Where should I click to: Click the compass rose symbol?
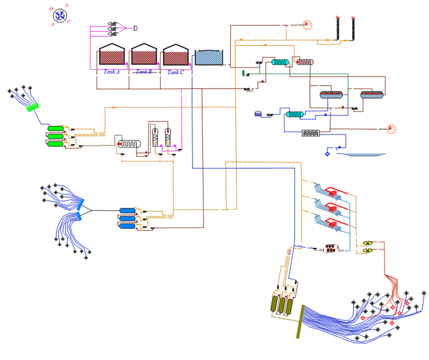pyautogui.click(x=59, y=16)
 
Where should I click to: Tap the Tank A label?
pyautogui.click(x=111, y=72)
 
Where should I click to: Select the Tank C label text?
pyautogui.click(x=175, y=72)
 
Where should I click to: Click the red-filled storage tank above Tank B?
pyautogui.click(x=144, y=55)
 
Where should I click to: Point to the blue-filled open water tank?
pyautogui.click(x=209, y=57)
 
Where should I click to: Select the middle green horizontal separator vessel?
pyautogui.click(x=56, y=136)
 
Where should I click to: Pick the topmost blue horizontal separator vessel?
pyautogui.click(x=127, y=210)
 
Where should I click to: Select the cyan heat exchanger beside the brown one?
pyautogui.click(x=279, y=62)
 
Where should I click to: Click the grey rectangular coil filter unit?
pyautogui.click(x=312, y=133)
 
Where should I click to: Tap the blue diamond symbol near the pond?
pyautogui.click(x=327, y=154)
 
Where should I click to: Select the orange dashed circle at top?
pyautogui.click(x=308, y=25)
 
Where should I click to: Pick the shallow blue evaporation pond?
pyautogui.click(x=362, y=154)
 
